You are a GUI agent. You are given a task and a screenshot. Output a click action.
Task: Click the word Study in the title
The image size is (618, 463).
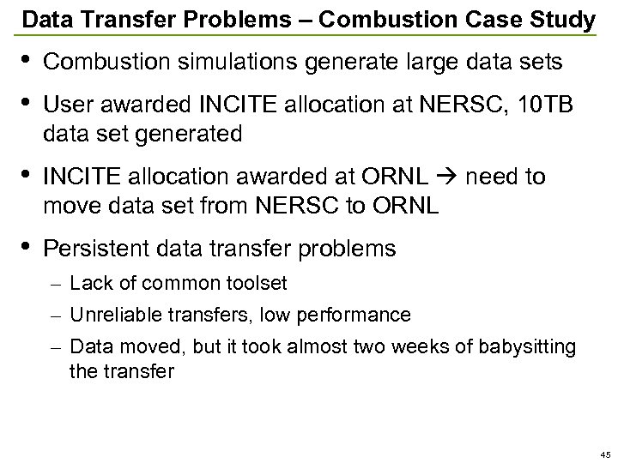tap(561, 18)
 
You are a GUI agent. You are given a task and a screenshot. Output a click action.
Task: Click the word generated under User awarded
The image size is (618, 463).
tap(190, 135)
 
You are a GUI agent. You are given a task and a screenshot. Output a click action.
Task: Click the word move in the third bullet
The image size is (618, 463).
tap(73, 207)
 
